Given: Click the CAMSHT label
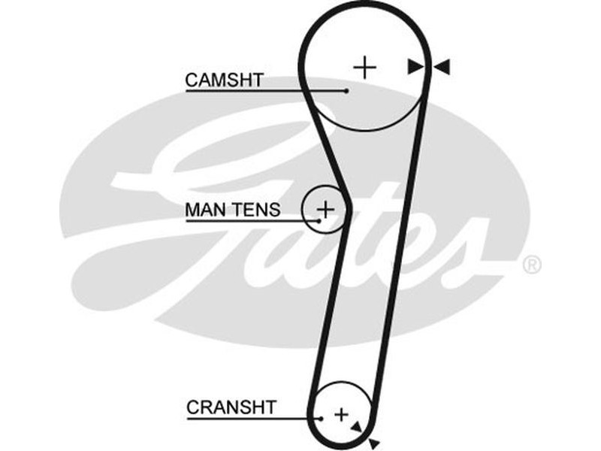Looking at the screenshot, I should [224, 80].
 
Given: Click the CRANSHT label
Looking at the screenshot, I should [231, 407].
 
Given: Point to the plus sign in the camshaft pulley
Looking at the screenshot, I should [365, 68].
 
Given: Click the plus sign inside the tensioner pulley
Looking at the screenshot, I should [325, 207].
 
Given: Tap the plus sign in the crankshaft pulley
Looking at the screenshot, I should [342, 413].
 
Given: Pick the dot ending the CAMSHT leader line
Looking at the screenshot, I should [347, 91].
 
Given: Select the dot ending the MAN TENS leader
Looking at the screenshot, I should [319, 221].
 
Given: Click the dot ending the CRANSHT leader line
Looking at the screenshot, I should [321, 419].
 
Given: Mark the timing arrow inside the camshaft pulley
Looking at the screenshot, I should [415, 68].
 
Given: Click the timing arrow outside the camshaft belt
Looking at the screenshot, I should [442, 68].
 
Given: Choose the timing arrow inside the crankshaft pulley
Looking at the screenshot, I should [355, 426].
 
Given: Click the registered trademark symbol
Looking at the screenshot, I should [531, 265].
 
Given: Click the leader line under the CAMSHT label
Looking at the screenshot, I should [263, 91].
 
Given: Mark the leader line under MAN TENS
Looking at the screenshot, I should [252, 221].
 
